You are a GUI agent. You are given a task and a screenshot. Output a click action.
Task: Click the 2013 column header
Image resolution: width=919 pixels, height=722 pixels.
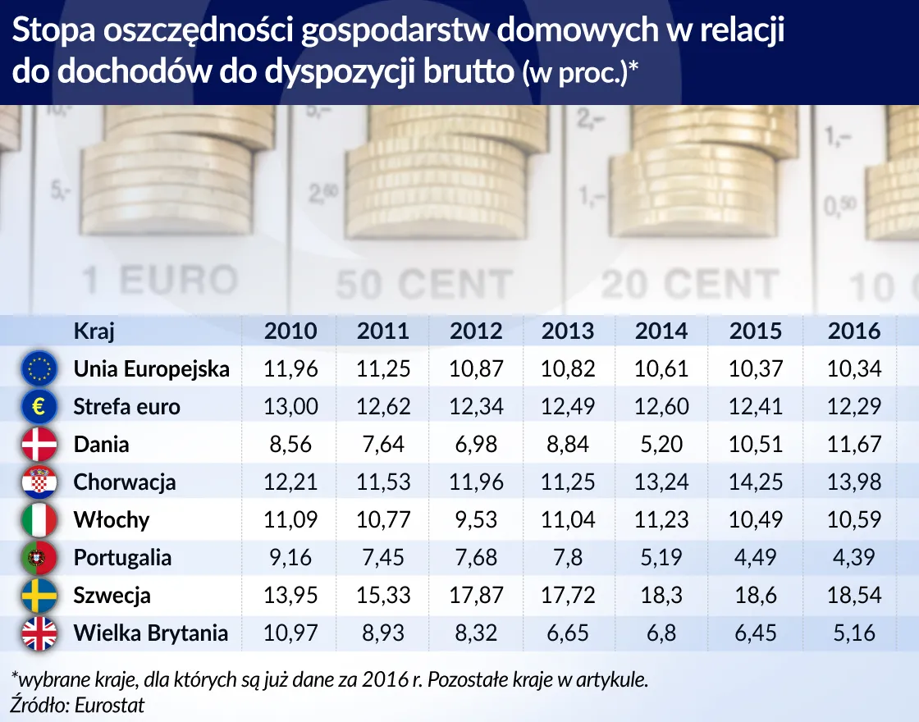568,331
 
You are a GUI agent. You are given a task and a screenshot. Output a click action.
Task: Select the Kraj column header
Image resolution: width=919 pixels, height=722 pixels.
94,331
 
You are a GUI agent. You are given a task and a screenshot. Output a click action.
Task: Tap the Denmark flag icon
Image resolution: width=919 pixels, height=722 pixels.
39,444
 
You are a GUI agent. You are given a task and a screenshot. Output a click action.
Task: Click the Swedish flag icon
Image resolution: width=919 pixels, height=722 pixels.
39,595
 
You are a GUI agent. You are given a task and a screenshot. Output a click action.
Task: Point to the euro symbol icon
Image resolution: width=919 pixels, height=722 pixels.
39,406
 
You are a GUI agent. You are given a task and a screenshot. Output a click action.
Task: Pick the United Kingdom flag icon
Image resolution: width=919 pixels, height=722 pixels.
39,633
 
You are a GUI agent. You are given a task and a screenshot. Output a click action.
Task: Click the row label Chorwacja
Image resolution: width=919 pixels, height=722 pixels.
125,482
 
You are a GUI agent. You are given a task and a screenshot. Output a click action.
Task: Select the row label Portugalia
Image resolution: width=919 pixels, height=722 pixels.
122,558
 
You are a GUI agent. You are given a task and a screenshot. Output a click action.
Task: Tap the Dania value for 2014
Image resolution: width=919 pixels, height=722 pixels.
661,444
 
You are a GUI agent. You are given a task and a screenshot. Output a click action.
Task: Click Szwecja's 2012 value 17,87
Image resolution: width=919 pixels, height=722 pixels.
476,595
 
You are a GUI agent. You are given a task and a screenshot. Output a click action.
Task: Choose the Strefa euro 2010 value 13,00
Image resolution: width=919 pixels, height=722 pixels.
290,406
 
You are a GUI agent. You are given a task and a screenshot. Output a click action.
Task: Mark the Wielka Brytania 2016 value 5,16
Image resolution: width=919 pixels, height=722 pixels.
854,633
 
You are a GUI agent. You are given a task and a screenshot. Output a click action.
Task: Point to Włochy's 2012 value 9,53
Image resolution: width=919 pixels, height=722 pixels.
476,519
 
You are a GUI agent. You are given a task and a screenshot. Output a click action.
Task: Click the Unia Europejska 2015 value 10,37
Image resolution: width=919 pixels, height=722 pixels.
755,368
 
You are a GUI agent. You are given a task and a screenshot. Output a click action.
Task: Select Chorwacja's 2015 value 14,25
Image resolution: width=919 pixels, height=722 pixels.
755,482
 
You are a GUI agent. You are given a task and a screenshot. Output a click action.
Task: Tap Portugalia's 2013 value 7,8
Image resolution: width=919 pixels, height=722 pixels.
568,558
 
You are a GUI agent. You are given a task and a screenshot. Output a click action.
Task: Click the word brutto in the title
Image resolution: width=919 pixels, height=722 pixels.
467,71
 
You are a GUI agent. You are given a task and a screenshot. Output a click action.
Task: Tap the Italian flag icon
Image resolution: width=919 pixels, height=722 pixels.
39,519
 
